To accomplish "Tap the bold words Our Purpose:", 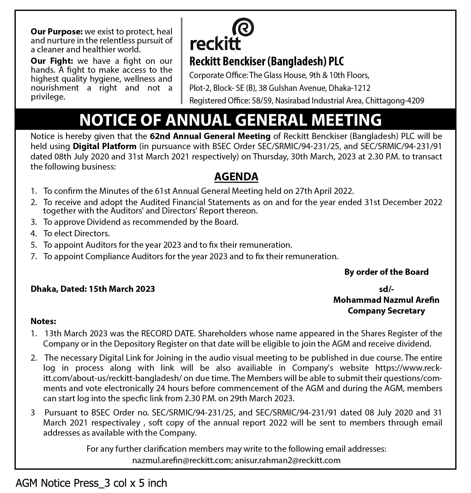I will [56, 32].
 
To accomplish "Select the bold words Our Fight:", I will [52, 61].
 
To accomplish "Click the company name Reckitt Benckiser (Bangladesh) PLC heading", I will [266, 61].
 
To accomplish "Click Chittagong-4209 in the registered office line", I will [395, 101].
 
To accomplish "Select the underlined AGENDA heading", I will [236, 177].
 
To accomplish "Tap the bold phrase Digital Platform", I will [105, 146].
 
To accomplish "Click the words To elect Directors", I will [77, 234].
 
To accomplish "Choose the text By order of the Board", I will [386, 272].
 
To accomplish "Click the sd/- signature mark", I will [386, 289].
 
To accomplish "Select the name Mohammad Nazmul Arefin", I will [386, 300].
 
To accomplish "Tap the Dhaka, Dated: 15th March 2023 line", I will [93, 289].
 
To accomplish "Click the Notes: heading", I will [43, 321].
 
